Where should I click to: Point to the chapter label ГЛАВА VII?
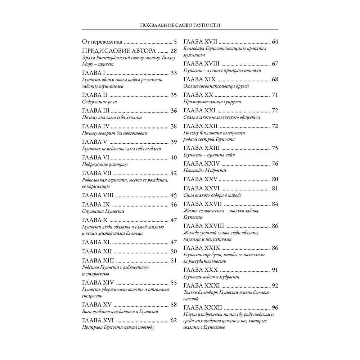(x=96, y=173)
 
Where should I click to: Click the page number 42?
(x=174, y=173)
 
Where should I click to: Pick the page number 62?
(x=174, y=320)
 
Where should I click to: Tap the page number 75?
(x=275, y=148)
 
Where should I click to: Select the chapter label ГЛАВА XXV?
(x=199, y=179)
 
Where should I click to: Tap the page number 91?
(x=275, y=270)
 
